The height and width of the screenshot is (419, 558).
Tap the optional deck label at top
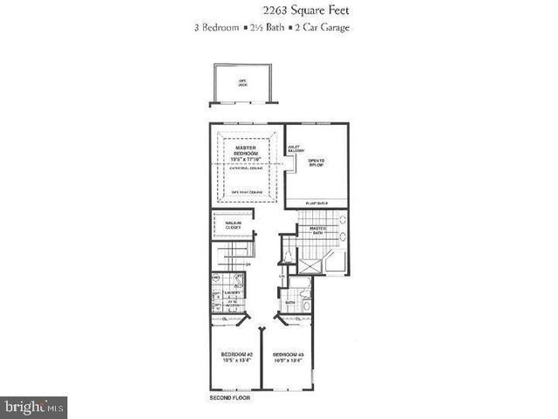point(242,83)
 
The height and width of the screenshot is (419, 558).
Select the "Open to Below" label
point(316,162)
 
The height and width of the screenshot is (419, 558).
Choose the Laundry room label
point(231,293)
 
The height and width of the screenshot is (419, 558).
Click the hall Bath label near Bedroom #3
point(302,303)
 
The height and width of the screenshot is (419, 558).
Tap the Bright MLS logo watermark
point(35,407)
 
